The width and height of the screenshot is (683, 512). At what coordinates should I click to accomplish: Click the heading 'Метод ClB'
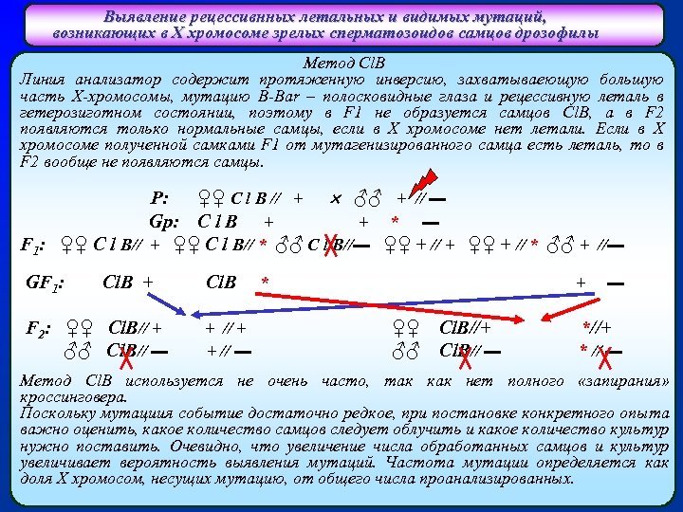point(341,62)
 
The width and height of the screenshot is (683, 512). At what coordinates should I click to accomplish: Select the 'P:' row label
point(160,199)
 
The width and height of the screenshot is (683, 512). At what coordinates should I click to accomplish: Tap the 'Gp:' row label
point(165,221)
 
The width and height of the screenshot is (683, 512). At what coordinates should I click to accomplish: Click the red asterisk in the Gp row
point(395,222)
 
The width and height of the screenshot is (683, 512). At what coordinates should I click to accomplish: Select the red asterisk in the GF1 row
point(266,282)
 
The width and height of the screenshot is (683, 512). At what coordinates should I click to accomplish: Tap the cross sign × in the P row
point(335,199)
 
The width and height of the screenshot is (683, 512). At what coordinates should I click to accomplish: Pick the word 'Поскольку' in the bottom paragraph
point(56,413)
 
